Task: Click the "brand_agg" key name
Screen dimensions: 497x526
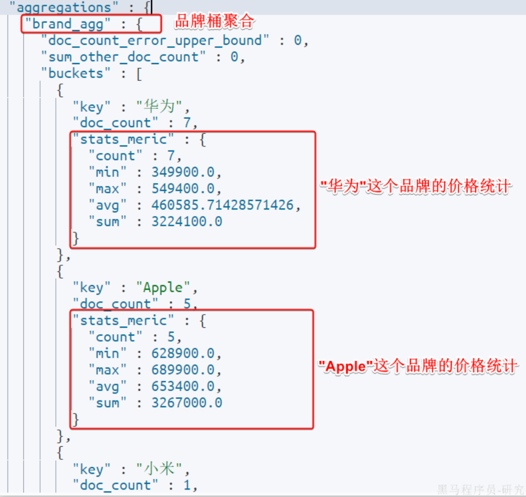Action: [x=67, y=24]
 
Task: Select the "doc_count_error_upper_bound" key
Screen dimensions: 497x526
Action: [x=155, y=40]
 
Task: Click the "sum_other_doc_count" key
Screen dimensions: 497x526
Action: [x=123, y=57]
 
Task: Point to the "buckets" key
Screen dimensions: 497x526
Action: [x=76, y=73]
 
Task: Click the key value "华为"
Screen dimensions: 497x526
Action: [x=159, y=107]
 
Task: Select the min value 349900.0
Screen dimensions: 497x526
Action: [x=183, y=172]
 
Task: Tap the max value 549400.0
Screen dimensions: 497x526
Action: [x=183, y=189]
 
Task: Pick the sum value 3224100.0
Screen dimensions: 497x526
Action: [x=187, y=222]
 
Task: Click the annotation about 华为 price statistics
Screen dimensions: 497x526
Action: [x=415, y=186]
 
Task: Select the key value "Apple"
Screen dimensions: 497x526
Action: [x=163, y=287]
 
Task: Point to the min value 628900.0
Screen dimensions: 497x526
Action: [x=183, y=353]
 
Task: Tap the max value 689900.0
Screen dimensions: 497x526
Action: [x=183, y=370]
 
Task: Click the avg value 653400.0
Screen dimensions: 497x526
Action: [x=183, y=386]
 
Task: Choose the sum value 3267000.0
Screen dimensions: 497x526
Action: [x=187, y=403]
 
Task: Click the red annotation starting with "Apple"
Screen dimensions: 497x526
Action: [x=418, y=366]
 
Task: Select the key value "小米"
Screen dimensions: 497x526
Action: [x=159, y=469]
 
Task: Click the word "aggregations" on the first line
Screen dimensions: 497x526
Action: [x=64, y=7]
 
